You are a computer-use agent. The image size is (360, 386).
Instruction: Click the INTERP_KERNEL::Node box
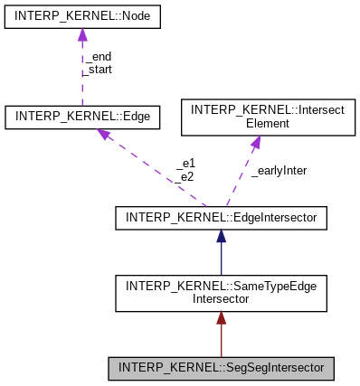pyautogui.click(x=82, y=16)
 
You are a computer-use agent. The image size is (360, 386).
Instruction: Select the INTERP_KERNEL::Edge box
pyautogui.click(x=82, y=117)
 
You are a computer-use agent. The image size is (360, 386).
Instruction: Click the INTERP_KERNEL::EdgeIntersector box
pyautogui.click(x=221, y=217)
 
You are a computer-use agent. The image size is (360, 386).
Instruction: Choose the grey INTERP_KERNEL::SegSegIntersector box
pyautogui.click(x=221, y=369)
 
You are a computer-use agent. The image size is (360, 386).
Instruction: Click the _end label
pyautogui.click(x=98, y=56)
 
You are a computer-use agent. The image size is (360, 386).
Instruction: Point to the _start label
pyautogui.click(x=99, y=69)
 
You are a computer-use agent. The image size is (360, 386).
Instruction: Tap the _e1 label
pyautogui.click(x=185, y=165)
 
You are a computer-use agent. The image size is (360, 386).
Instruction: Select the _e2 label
pyautogui.click(x=185, y=176)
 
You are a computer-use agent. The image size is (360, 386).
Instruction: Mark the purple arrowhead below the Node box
pyautogui.click(x=82, y=34)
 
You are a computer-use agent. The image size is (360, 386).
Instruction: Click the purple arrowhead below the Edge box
pyautogui.click(x=104, y=135)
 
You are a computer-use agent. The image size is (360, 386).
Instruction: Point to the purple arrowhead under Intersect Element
pyautogui.click(x=255, y=140)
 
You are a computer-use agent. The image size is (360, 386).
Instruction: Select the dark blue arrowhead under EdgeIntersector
pyautogui.click(x=221, y=236)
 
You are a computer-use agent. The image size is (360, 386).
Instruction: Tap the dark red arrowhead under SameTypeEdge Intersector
pyautogui.click(x=221, y=319)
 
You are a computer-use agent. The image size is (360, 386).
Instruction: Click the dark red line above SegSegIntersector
pyautogui.click(x=221, y=344)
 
